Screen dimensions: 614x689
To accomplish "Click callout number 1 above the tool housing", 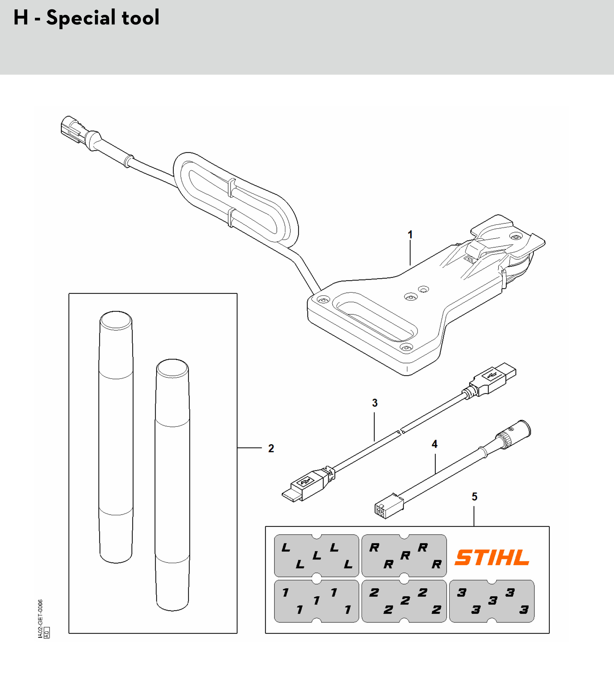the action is pos(410,234).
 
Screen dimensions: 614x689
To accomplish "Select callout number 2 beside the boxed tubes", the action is pos(271,448).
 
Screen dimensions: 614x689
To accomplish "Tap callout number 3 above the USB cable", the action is pos(375,402).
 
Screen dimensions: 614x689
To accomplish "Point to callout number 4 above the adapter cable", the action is pos(435,444).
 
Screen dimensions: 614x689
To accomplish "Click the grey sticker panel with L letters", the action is pos(317,555).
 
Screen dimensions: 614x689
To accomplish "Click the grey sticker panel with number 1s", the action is pos(317,601).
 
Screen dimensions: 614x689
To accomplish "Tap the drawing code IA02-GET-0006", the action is pos(40,619).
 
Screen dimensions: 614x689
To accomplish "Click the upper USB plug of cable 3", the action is pos(493,379).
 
